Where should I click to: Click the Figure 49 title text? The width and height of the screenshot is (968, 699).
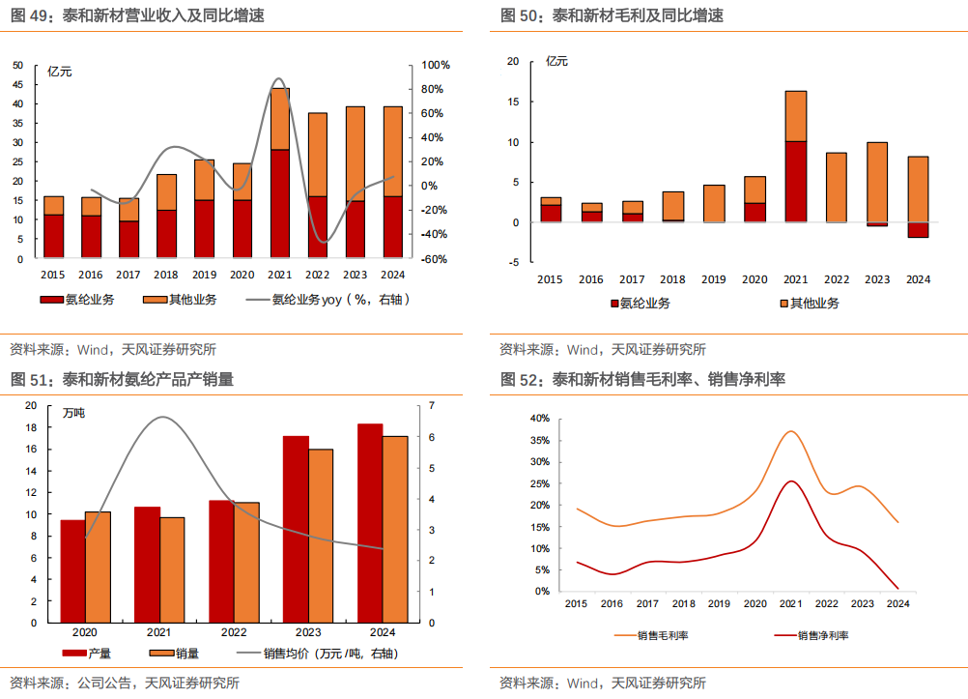tap(136, 15)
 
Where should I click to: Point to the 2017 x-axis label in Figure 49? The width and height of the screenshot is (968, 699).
tap(128, 275)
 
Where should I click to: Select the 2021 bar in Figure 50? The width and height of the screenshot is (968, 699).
tap(795, 155)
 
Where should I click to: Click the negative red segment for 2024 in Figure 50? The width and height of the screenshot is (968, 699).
tap(918, 230)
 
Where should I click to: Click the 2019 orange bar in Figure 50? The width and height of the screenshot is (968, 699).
tap(713, 203)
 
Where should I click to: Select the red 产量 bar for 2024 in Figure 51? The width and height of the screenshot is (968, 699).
tap(370, 522)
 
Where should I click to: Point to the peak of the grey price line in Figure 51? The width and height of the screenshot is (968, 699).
tap(161, 417)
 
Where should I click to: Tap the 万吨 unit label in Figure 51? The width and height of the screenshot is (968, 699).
tap(74, 413)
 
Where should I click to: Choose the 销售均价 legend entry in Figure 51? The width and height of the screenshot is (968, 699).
tap(328, 654)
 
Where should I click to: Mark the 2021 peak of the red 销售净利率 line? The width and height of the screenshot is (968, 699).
tap(791, 481)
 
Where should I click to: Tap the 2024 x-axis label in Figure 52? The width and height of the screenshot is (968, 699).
tap(897, 603)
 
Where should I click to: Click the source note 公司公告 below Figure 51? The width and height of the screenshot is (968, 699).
tap(100, 683)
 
